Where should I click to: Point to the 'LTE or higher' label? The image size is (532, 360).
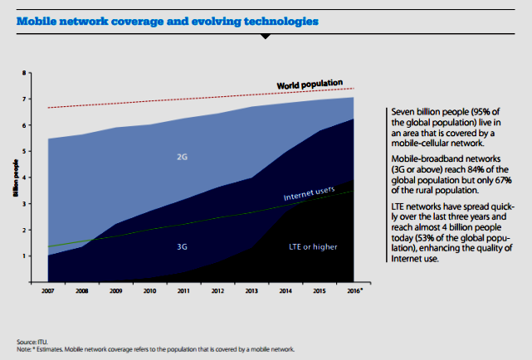click(315, 246)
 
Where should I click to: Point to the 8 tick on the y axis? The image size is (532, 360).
click(24, 73)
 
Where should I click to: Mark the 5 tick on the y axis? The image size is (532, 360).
click(24, 151)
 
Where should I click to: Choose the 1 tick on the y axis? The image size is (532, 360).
click(24, 255)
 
